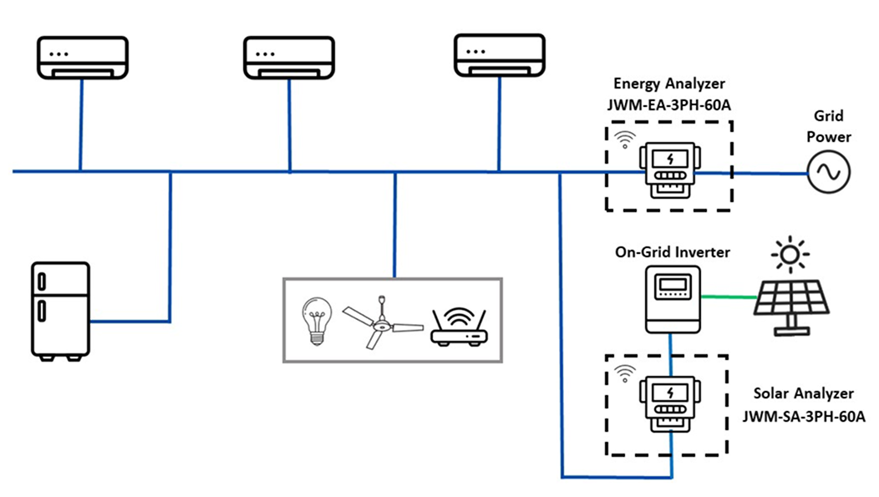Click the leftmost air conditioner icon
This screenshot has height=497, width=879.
coord(81,58)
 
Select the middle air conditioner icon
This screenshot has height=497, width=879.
coord(288,58)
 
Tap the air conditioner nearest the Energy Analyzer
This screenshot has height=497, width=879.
coord(499,56)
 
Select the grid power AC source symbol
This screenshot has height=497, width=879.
coord(829,173)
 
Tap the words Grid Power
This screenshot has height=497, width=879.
coord(829,126)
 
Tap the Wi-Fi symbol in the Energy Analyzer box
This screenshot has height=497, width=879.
coord(622,139)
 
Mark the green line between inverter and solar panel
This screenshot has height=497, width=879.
coord(729,296)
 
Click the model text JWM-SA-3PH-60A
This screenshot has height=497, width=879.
coord(803,415)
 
